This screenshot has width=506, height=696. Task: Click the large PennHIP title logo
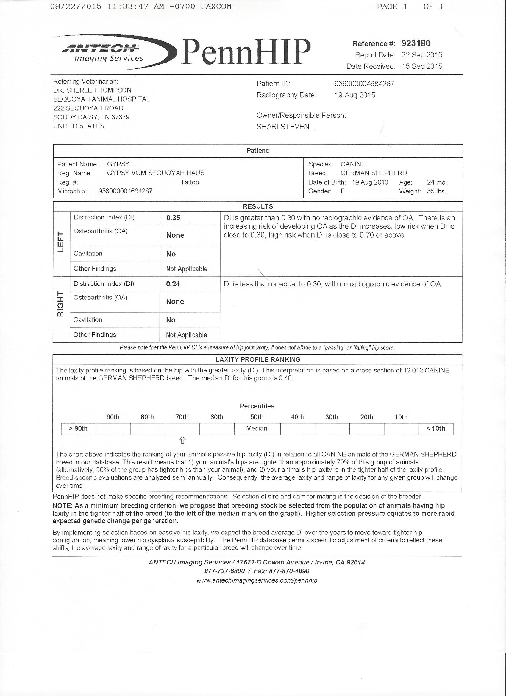point(246,52)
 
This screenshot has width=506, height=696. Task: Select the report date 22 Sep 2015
point(421,55)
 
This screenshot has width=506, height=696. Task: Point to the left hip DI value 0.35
point(173,218)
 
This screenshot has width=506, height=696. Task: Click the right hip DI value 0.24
point(173,284)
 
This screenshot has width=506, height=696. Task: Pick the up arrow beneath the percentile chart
point(182,441)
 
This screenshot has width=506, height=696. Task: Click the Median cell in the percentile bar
point(257,428)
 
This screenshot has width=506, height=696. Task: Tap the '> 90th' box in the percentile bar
point(78,428)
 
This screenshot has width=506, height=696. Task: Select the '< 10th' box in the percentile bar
point(436,428)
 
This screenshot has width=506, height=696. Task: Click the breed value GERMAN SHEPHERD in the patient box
point(374,173)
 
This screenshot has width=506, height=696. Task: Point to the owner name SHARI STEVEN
point(282,127)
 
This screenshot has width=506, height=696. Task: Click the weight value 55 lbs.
point(436,191)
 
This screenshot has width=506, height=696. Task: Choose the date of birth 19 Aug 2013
point(370,182)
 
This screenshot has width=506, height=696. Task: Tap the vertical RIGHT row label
point(60,304)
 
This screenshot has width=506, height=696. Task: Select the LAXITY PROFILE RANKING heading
point(258,359)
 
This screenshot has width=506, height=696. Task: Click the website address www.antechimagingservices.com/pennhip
point(257,580)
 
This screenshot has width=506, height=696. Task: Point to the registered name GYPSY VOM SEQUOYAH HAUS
point(156,173)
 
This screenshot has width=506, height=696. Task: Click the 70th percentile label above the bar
point(182,417)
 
